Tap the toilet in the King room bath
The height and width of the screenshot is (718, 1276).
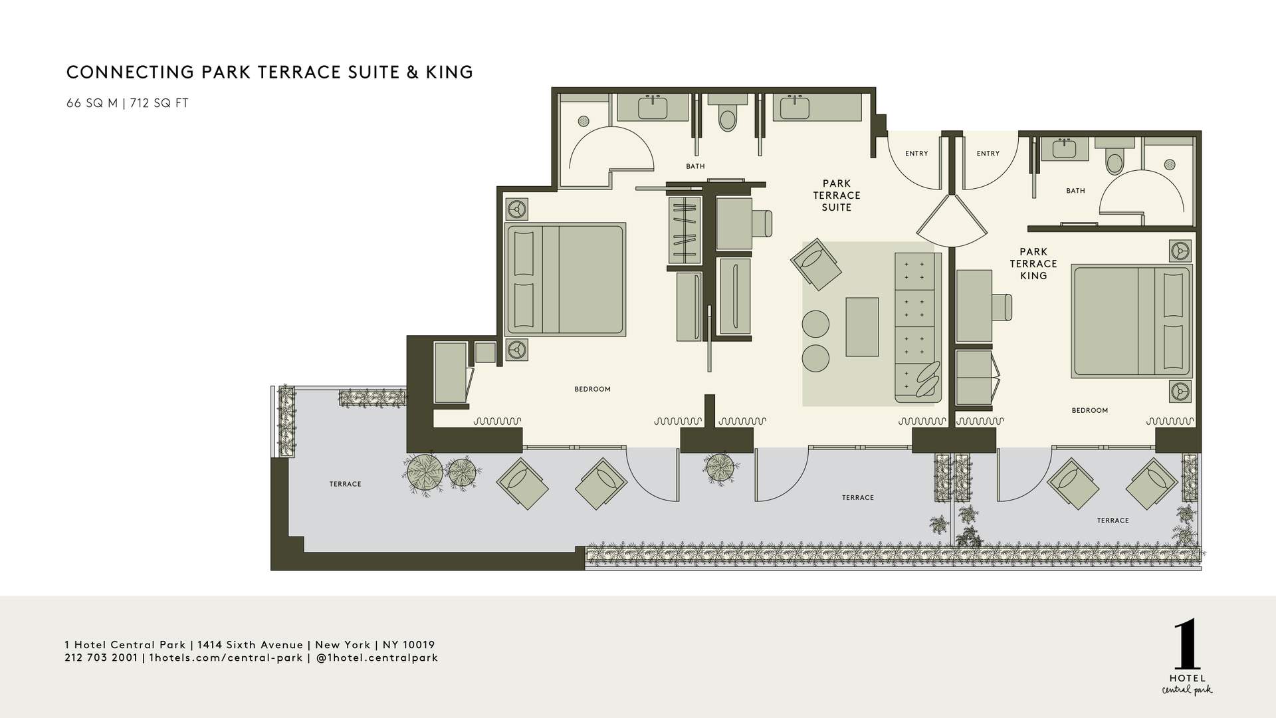point(1114,160)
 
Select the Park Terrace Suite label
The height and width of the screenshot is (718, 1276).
point(836,195)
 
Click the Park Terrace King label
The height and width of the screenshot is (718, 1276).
point(1033,263)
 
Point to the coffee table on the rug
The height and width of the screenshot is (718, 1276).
point(862,326)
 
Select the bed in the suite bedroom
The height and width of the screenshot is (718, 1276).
point(566,278)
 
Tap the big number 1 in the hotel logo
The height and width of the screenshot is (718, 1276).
point(1187,646)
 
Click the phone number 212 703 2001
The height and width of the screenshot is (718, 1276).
point(101,658)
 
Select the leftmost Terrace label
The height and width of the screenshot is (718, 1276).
point(345,484)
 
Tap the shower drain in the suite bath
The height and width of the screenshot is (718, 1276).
point(584,121)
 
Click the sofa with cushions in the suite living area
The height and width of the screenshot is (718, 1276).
point(918,327)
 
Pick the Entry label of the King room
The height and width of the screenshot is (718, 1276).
point(988,154)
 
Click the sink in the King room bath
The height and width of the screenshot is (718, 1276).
point(1065,149)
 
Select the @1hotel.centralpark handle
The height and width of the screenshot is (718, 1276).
point(377,658)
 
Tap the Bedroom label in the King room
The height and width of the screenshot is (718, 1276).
point(1089,410)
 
